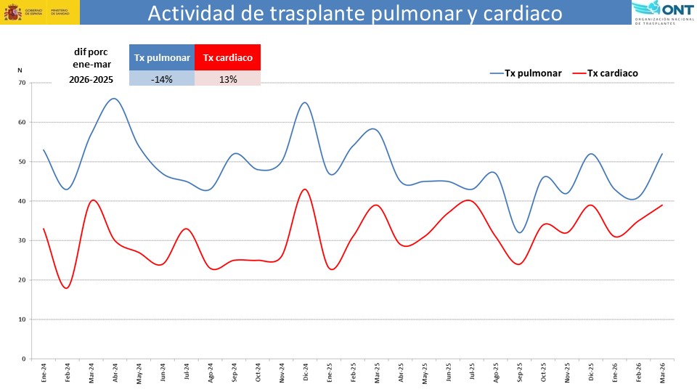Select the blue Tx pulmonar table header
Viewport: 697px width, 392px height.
[x=162, y=58]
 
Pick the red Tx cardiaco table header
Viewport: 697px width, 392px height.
[x=227, y=58]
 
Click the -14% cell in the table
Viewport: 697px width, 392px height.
[x=162, y=79]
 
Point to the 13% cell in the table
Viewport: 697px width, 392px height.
[x=227, y=79]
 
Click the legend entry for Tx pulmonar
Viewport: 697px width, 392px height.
[x=526, y=73]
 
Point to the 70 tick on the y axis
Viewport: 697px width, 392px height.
[x=21, y=83]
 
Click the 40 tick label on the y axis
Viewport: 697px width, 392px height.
[x=21, y=201]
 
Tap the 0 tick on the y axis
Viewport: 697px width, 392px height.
[x=23, y=359]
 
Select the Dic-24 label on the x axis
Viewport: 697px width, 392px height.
[x=306, y=371]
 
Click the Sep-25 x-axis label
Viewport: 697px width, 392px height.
[x=519, y=371]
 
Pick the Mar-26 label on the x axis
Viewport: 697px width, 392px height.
[x=661, y=371]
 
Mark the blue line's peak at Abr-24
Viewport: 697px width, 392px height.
[x=114, y=98]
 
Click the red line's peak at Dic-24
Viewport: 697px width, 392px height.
[x=305, y=189]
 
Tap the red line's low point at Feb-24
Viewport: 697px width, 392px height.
[x=67, y=288]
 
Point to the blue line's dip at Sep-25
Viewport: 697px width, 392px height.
[x=519, y=232]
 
